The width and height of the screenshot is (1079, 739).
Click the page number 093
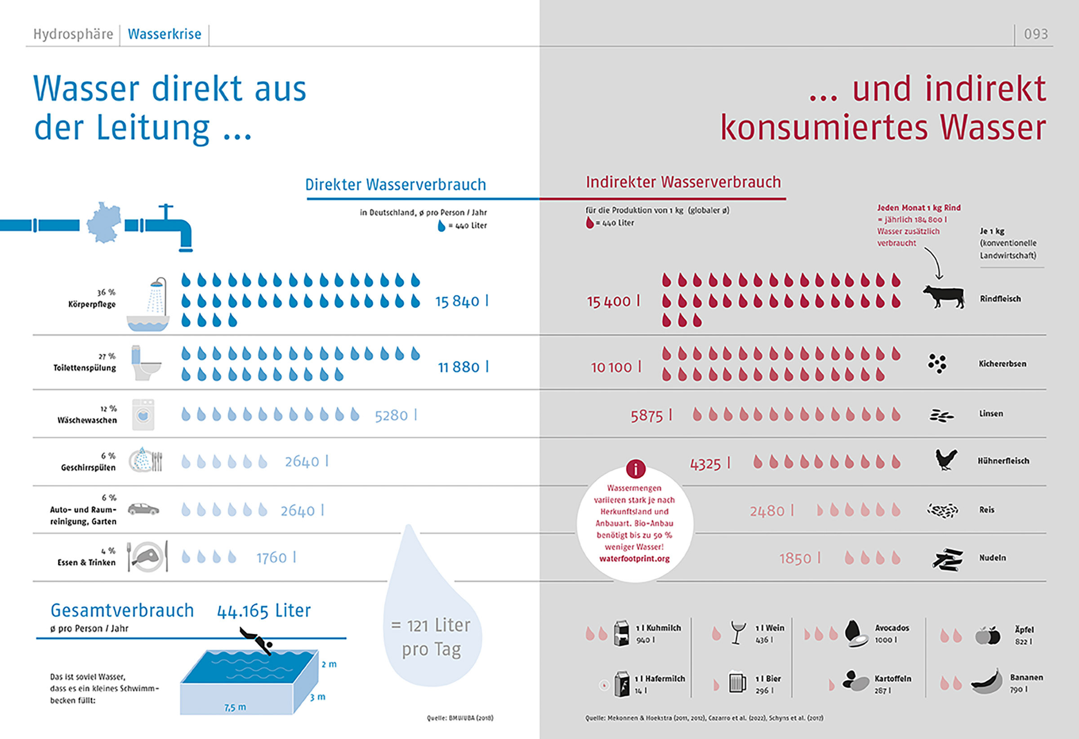[x=1035, y=34]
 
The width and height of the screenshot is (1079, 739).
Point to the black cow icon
[x=943, y=296]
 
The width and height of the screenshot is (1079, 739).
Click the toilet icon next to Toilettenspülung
[x=145, y=363]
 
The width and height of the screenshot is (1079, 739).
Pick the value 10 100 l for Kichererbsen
[x=615, y=367]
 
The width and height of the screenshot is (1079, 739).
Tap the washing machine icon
[x=143, y=414]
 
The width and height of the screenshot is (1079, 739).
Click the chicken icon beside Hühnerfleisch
[x=946, y=459]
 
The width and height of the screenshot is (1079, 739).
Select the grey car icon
[x=143, y=509]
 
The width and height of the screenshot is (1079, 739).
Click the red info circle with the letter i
[x=635, y=469]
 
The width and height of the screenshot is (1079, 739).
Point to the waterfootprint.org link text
[x=634, y=558]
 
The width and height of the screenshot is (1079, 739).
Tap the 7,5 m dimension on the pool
[x=235, y=708]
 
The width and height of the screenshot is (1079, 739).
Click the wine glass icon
[x=737, y=632]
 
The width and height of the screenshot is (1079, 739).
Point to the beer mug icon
[x=737, y=682]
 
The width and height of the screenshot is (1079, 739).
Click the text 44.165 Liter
[x=264, y=611]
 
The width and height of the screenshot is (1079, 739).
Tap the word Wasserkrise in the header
[x=165, y=34]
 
